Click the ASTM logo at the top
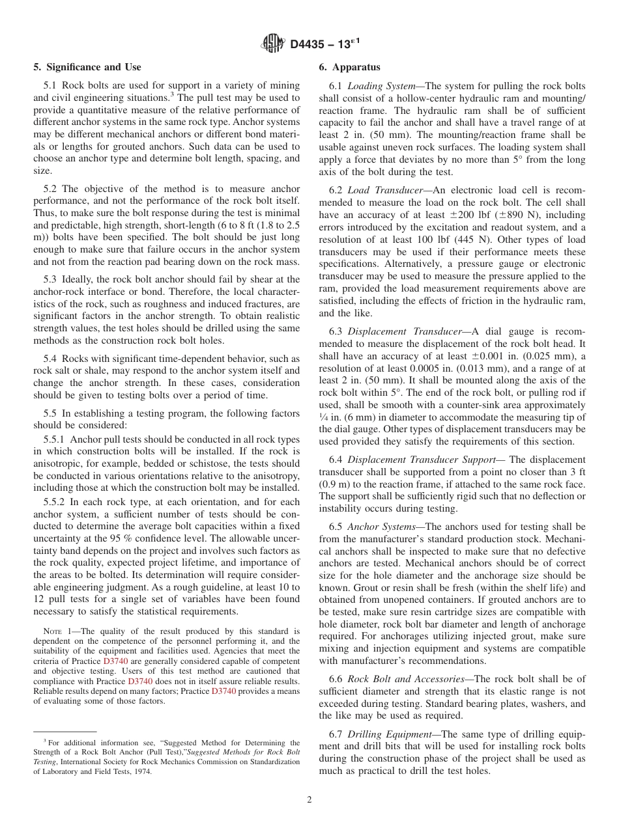tap(273, 44)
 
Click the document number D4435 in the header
tap(309, 44)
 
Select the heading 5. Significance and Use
tap(87, 67)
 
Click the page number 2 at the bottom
tap(309, 800)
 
